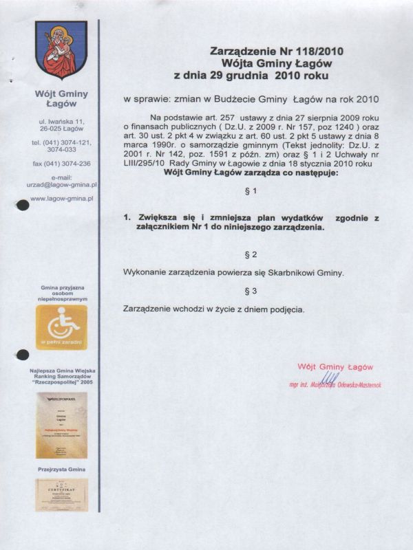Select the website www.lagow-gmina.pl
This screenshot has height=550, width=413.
click(x=62, y=198)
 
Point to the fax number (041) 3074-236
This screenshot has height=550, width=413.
click(x=61, y=164)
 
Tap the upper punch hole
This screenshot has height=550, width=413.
click(x=22, y=204)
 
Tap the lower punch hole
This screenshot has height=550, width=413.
click(x=22, y=355)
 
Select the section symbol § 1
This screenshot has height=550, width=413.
click(x=251, y=190)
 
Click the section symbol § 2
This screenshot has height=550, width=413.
click(x=251, y=255)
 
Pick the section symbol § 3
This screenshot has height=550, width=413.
click(x=251, y=291)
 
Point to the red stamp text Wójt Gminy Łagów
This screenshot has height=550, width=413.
click(x=335, y=366)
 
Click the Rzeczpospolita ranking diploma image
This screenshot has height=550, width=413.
click(x=61, y=424)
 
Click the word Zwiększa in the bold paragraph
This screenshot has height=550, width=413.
click(x=158, y=217)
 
